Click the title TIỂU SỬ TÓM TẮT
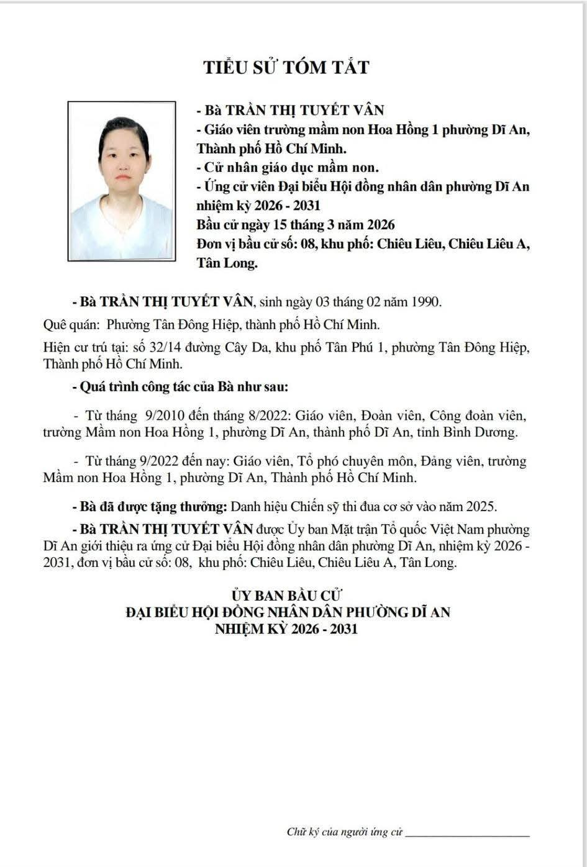[287, 67]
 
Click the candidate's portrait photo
[121, 181]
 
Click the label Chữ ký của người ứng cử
[345, 832]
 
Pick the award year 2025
[481, 506]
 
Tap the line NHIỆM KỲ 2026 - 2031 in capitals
[287, 629]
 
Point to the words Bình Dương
[486, 432]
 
